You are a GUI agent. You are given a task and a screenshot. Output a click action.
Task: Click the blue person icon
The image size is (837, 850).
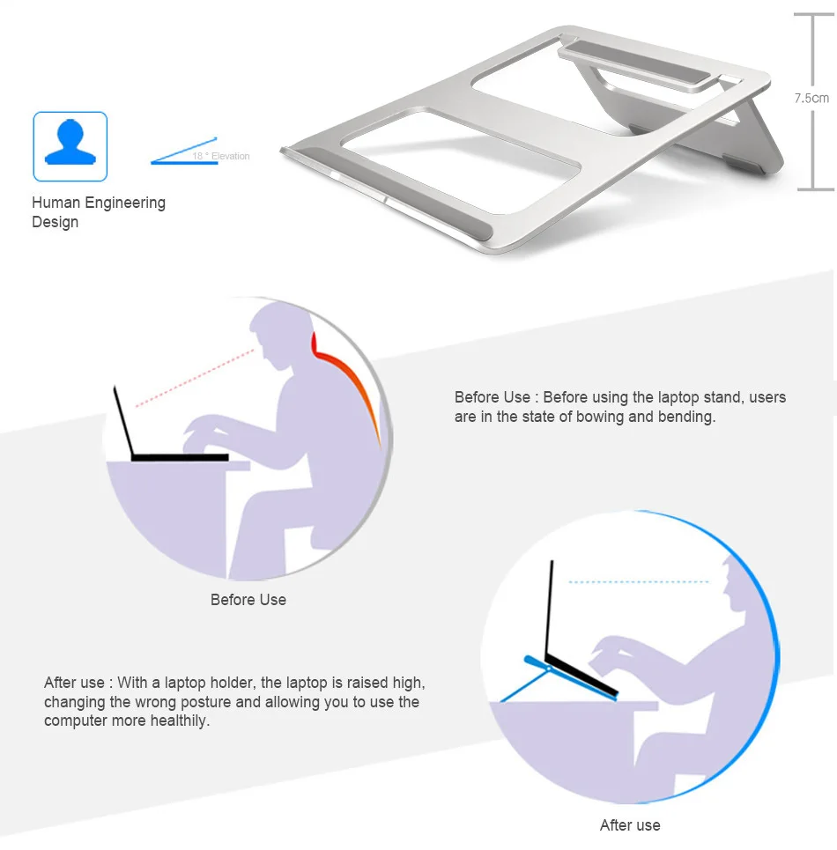(70, 145)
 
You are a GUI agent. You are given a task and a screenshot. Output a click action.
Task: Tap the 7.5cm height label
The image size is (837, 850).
(811, 98)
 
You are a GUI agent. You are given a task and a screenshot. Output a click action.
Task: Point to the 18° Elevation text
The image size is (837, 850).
(221, 157)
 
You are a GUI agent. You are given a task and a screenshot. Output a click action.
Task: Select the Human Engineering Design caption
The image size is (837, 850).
(98, 212)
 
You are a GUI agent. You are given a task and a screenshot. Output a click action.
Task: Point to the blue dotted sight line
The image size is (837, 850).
(639, 582)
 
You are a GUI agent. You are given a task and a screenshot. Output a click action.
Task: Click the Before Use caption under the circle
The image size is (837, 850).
(248, 600)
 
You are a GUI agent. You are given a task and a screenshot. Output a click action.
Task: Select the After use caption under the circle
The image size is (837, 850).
(630, 825)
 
